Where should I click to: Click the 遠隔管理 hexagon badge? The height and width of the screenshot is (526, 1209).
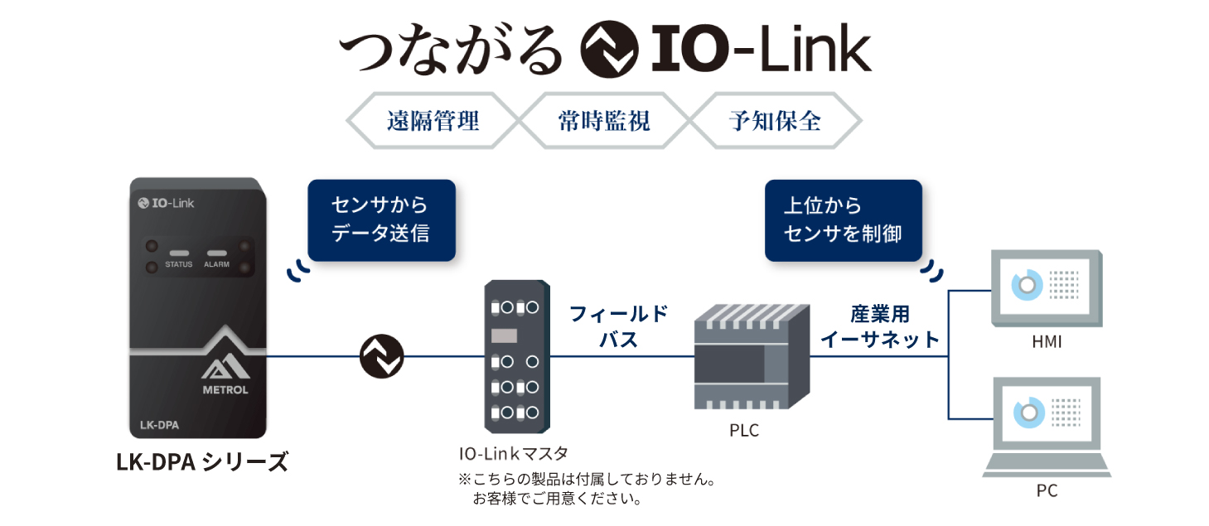click(433, 121)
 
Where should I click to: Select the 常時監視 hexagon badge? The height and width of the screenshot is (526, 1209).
click(604, 121)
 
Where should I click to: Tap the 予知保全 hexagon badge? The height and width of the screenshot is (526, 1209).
click(776, 121)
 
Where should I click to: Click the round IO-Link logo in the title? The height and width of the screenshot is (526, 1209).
click(609, 51)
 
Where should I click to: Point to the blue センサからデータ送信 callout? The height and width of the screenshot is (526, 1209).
click(381, 220)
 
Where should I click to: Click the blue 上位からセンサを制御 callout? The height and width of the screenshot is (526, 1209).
click(843, 220)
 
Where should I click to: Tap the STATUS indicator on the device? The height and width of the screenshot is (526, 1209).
click(178, 253)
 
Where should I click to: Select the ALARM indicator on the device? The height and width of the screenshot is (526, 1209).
click(216, 253)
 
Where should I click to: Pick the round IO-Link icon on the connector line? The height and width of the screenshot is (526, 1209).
click(382, 357)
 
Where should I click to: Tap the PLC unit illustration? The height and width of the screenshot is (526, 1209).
click(751, 356)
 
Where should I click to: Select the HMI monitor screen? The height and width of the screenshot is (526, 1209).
click(1048, 287)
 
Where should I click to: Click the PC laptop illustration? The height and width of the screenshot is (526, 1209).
click(1047, 427)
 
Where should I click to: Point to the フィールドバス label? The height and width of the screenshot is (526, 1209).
click(618, 326)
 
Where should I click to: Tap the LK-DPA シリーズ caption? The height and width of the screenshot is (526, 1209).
click(202, 461)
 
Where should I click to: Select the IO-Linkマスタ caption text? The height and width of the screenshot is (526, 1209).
click(513, 453)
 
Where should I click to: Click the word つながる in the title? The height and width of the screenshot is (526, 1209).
click(451, 51)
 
